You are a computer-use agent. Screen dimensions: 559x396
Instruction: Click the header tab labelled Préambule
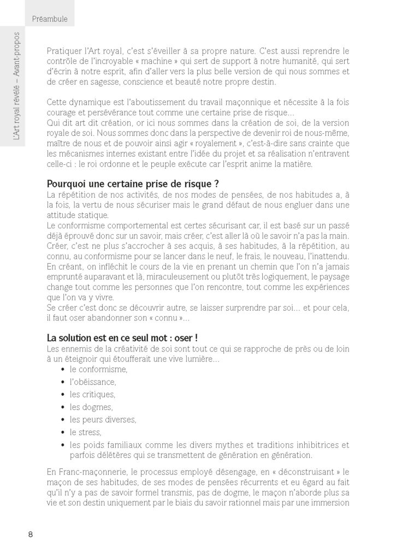(49, 19)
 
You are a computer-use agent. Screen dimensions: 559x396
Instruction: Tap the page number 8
(30, 534)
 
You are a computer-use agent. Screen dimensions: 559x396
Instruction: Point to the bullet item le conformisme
(98, 369)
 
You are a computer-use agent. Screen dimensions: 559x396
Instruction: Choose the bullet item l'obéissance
(93, 382)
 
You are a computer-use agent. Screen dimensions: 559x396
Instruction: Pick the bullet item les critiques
(92, 394)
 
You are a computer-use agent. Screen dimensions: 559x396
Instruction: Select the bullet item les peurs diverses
(103, 419)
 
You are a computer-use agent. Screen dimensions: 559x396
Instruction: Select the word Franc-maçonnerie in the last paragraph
(90, 471)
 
